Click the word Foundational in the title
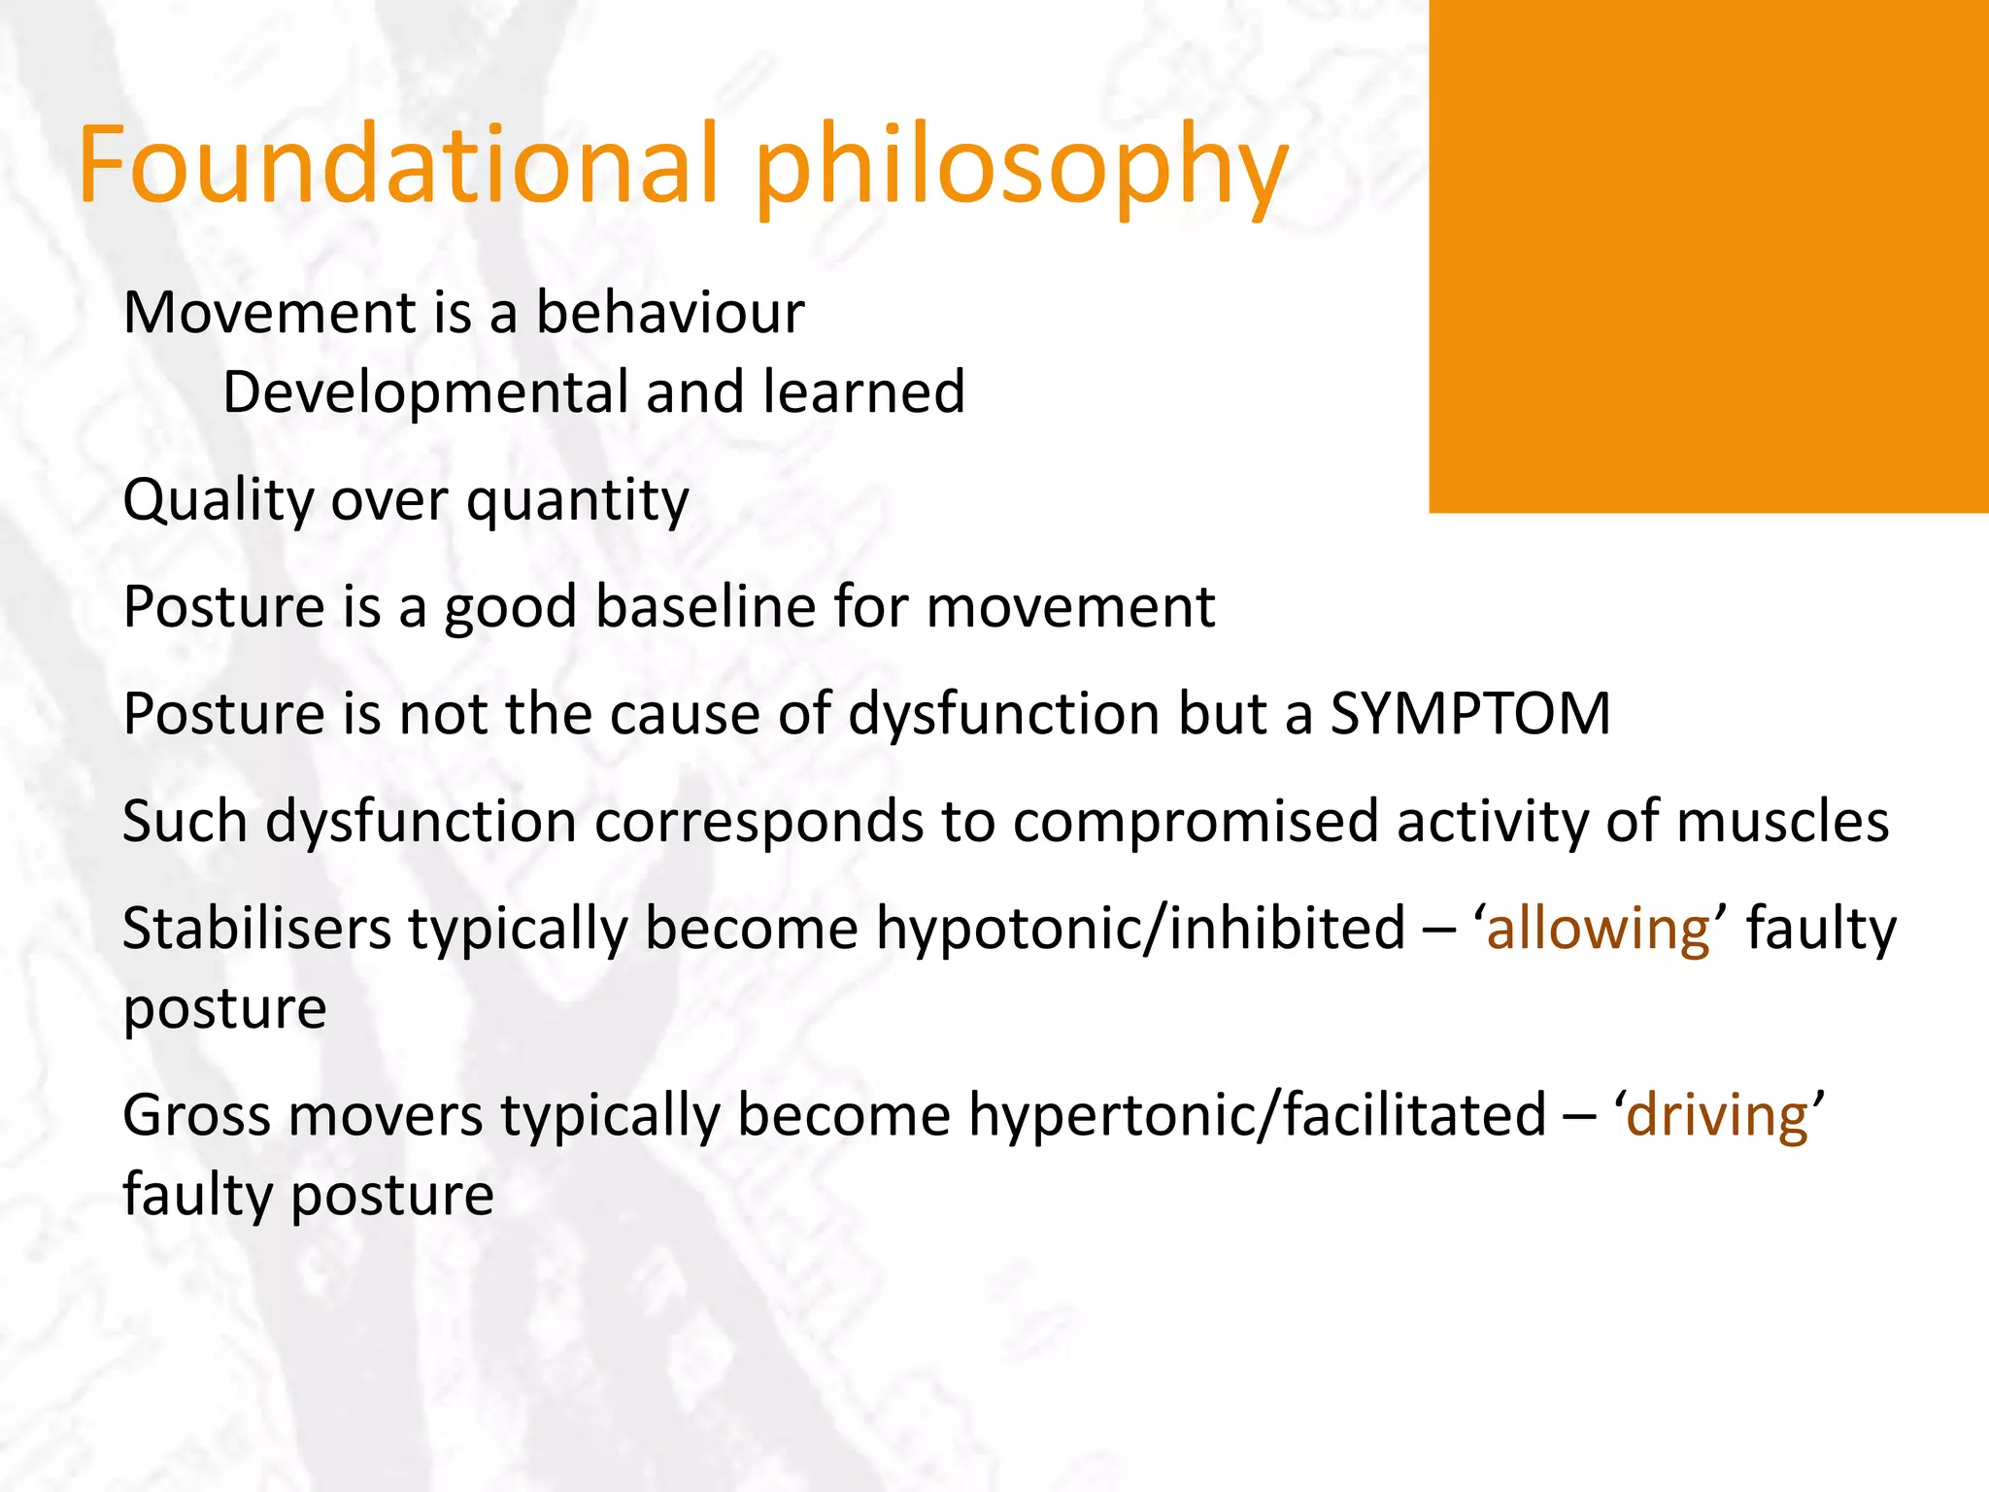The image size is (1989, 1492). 398,165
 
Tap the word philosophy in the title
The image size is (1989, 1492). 1020,170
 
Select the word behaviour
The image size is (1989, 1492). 670,313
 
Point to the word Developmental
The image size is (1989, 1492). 426,393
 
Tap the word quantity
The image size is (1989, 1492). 578,503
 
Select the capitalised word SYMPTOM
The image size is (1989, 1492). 1469,714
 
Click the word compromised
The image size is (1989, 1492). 1196,822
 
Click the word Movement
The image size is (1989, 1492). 270,313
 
